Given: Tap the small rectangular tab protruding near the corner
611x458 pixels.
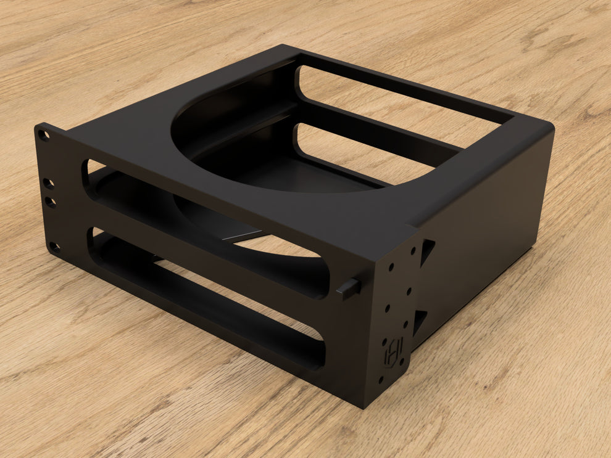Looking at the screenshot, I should pyautogui.click(x=349, y=287).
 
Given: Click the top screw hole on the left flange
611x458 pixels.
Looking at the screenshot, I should pyautogui.click(x=43, y=134).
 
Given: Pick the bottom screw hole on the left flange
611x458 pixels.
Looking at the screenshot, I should pyautogui.click(x=54, y=247).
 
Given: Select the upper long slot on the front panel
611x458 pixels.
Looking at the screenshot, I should pyautogui.click(x=204, y=228).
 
